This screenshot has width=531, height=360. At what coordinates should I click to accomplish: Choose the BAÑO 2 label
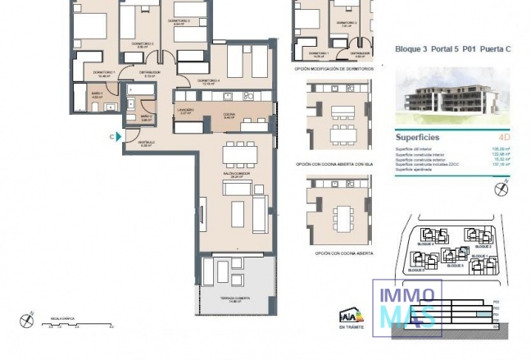pyautogui.click(x=146, y=117)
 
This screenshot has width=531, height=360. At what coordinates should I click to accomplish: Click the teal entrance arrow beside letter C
pyautogui.click(x=120, y=137)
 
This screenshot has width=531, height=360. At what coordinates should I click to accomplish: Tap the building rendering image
pyautogui.click(x=453, y=92)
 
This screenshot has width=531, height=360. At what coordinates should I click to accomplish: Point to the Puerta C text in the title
pyautogui.click(x=495, y=49)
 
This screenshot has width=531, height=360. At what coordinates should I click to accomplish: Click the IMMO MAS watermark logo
pyautogui.click(x=407, y=308)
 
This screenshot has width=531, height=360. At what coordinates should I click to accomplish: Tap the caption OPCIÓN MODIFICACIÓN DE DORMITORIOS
pyautogui.click(x=334, y=70)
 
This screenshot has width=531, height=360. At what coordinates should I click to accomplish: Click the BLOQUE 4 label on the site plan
pyautogui.click(x=424, y=244)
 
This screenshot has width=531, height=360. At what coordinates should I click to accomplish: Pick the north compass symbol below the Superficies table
pyautogui.click(x=502, y=189)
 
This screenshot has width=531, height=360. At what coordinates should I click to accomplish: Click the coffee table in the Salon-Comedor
pyautogui.click(x=237, y=213)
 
